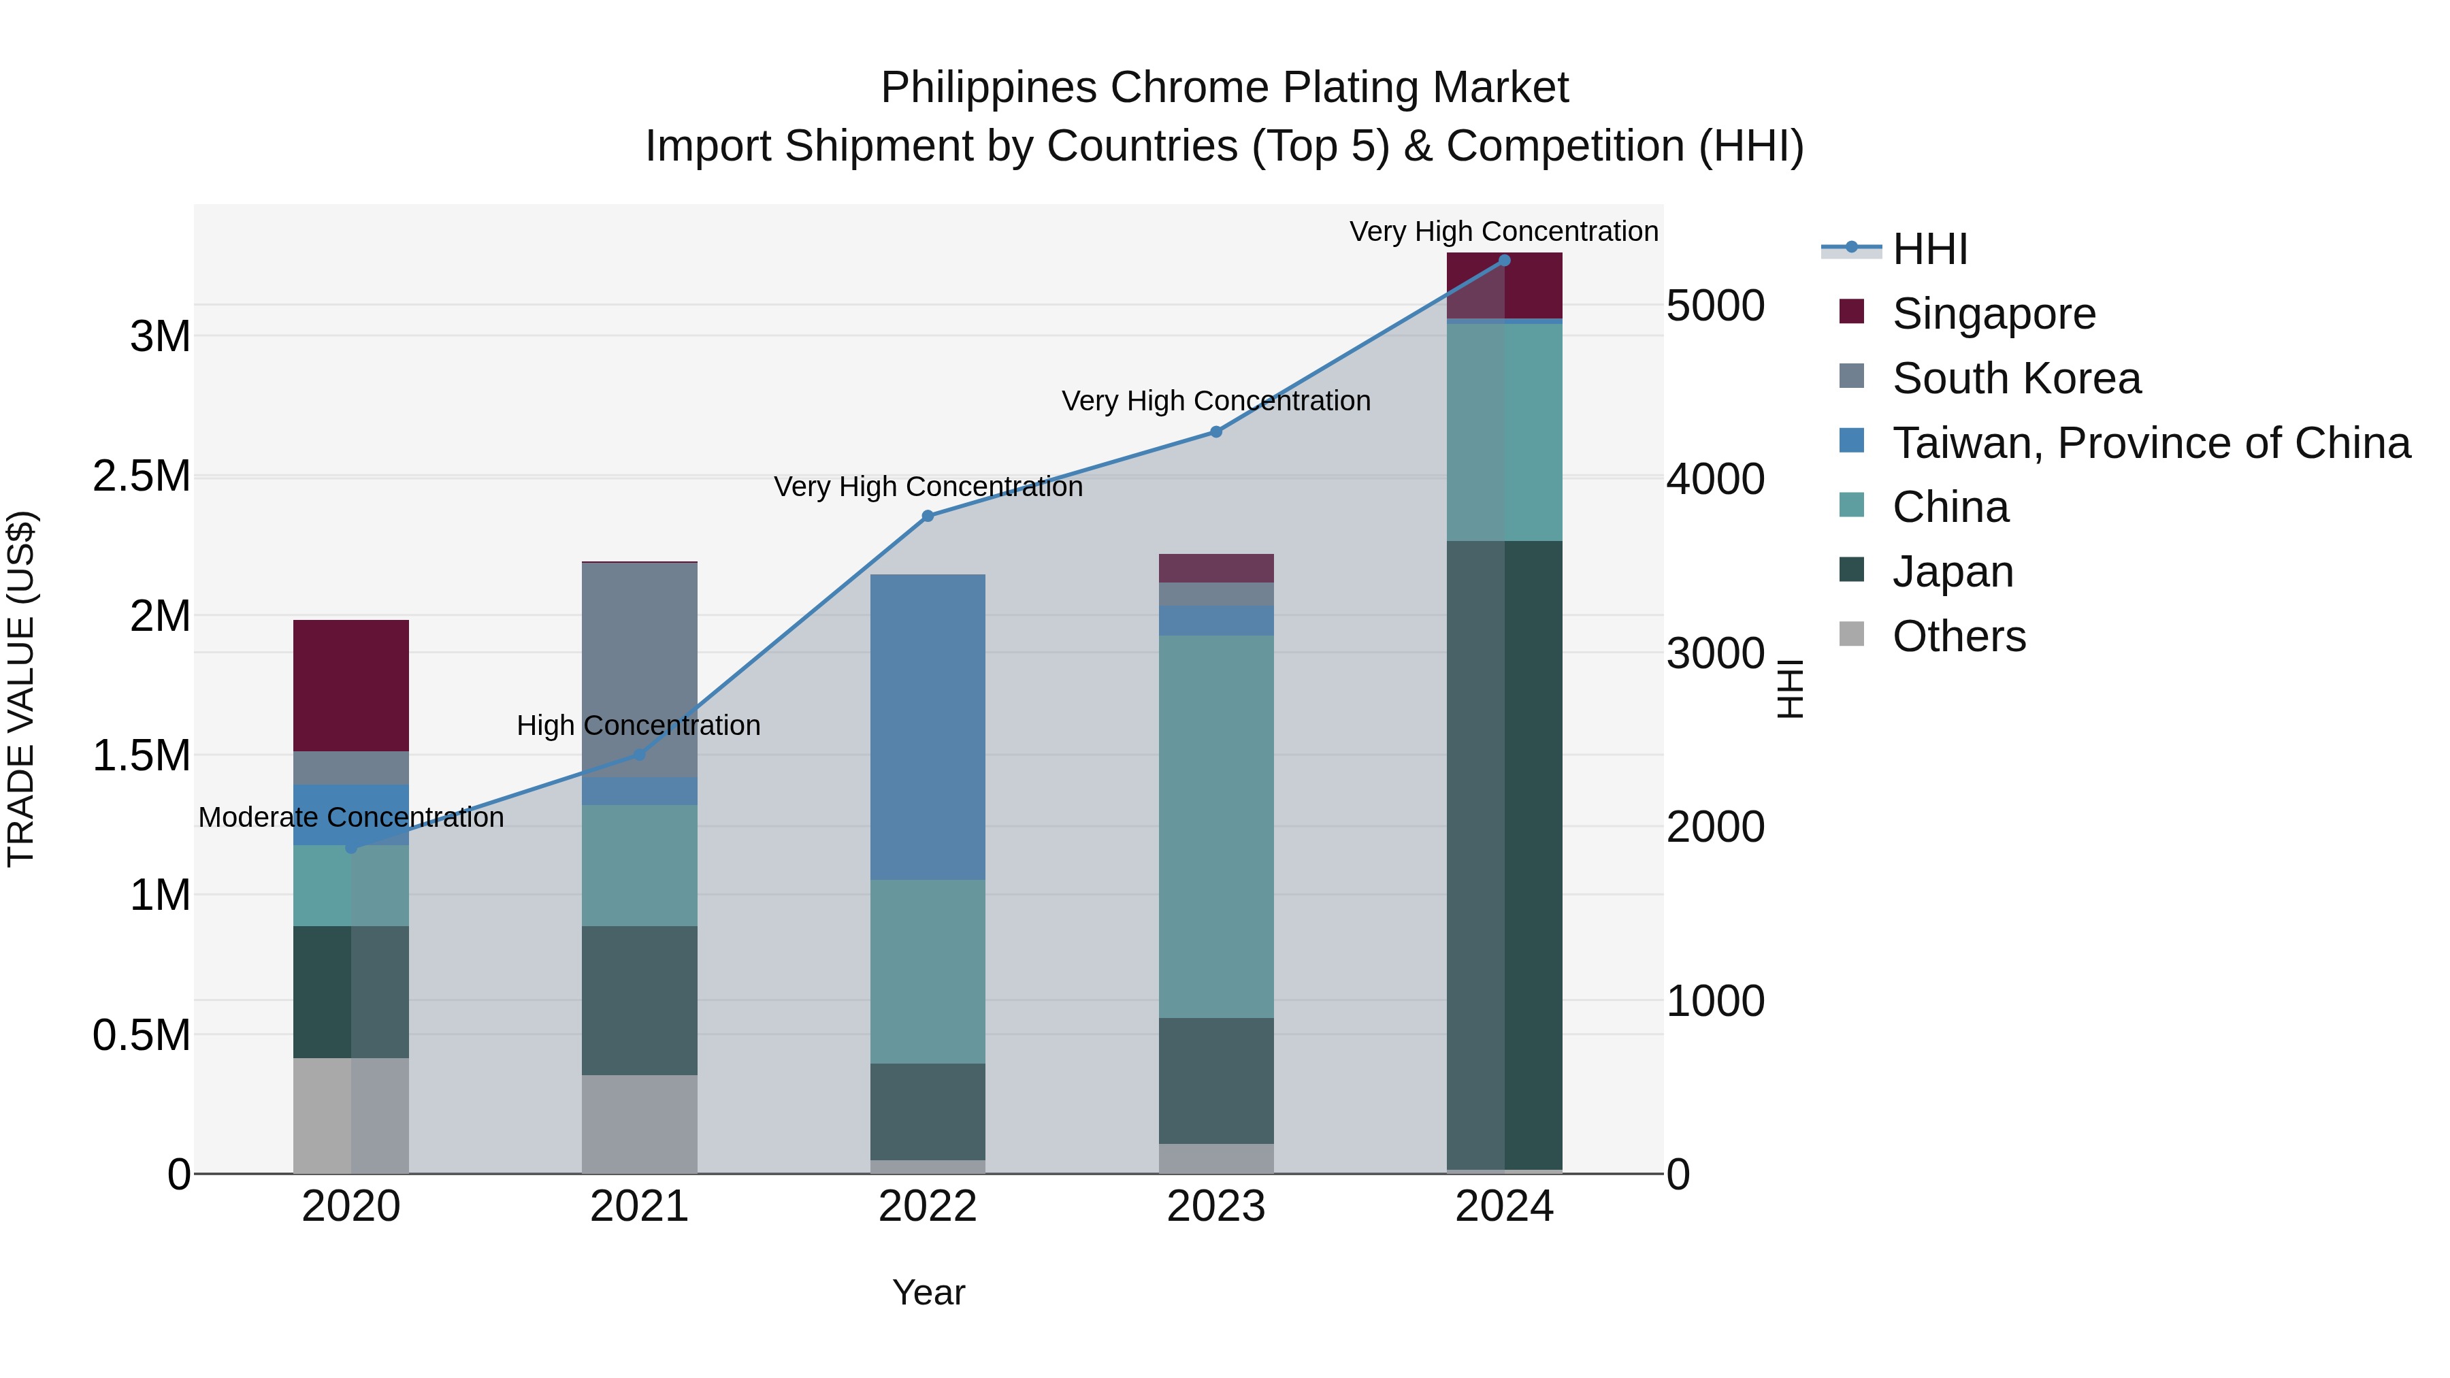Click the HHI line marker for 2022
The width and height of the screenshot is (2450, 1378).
pyautogui.click(x=928, y=516)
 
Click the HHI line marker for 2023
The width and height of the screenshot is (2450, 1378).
pyautogui.click(x=1215, y=431)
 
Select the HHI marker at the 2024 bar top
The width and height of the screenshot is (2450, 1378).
pyautogui.click(x=1503, y=261)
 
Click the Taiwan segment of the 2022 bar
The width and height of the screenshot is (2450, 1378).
pyautogui.click(x=928, y=727)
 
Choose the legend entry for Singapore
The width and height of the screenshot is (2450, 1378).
pyautogui.click(x=1993, y=314)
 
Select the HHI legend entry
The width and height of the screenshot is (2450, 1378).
pyautogui.click(x=1929, y=249)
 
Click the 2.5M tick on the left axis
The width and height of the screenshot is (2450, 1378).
pyautogui.click(x=142, y=476)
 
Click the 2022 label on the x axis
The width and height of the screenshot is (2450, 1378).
pyautogui.click(x=928, y=1207)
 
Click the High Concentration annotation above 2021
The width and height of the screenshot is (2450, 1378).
pyautogui.click(x=638, y=725)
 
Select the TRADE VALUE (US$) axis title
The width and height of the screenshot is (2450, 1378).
pyautogui.click(x=21, y=689)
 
